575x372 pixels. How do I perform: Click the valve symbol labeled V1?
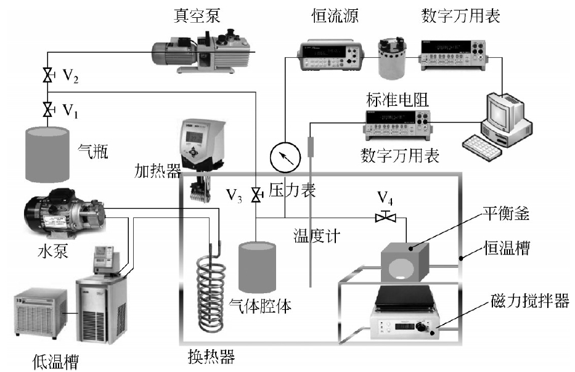click(47, 110)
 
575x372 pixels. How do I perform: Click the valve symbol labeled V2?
click(47, 76)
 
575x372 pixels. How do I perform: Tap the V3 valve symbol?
click(255, 196)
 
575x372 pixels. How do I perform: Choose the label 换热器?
click(211, 355)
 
